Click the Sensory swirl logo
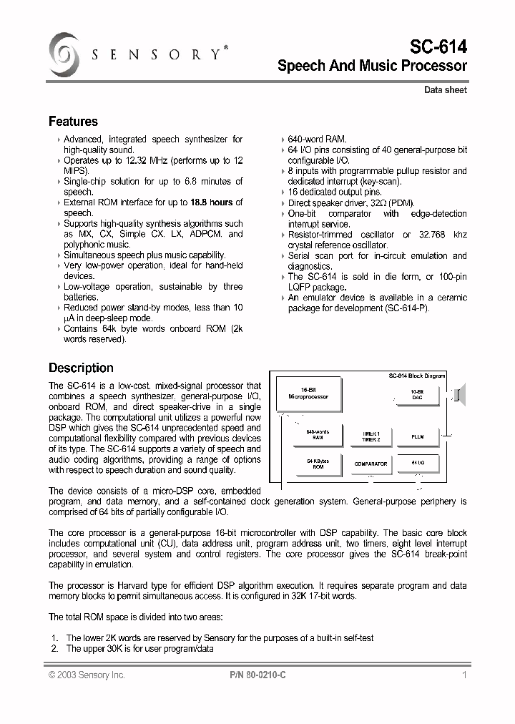[63, 55]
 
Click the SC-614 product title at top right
[438, 47]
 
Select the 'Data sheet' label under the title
[445, 90]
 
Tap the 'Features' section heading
[73, 122]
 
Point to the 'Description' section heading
[81, 368]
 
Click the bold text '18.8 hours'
[212, 202]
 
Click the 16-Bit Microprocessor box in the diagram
[308, 394]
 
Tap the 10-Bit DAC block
[417, 394]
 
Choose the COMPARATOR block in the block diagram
[370, 464]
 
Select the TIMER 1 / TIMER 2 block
[370, 436]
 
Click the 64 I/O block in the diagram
[418, 464]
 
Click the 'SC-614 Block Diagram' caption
[416, 376]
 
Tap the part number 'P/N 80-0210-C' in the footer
[260, 675]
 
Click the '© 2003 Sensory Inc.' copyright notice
[87, 675]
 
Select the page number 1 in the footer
[464, 675]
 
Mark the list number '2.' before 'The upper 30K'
[55, 649]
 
